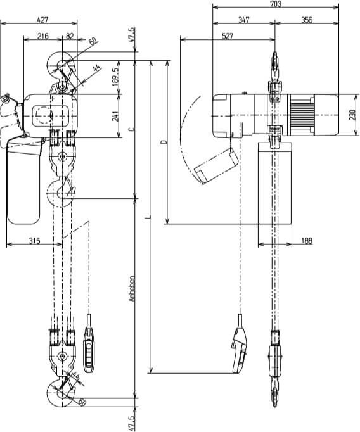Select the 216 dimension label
pos(43,37)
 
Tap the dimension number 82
pos(69,37)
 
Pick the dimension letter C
pos(131,129)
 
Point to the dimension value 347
pos(244,20)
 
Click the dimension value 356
pos(307,20)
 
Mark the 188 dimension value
pos(306,239)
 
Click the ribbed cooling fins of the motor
pos(301,116)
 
